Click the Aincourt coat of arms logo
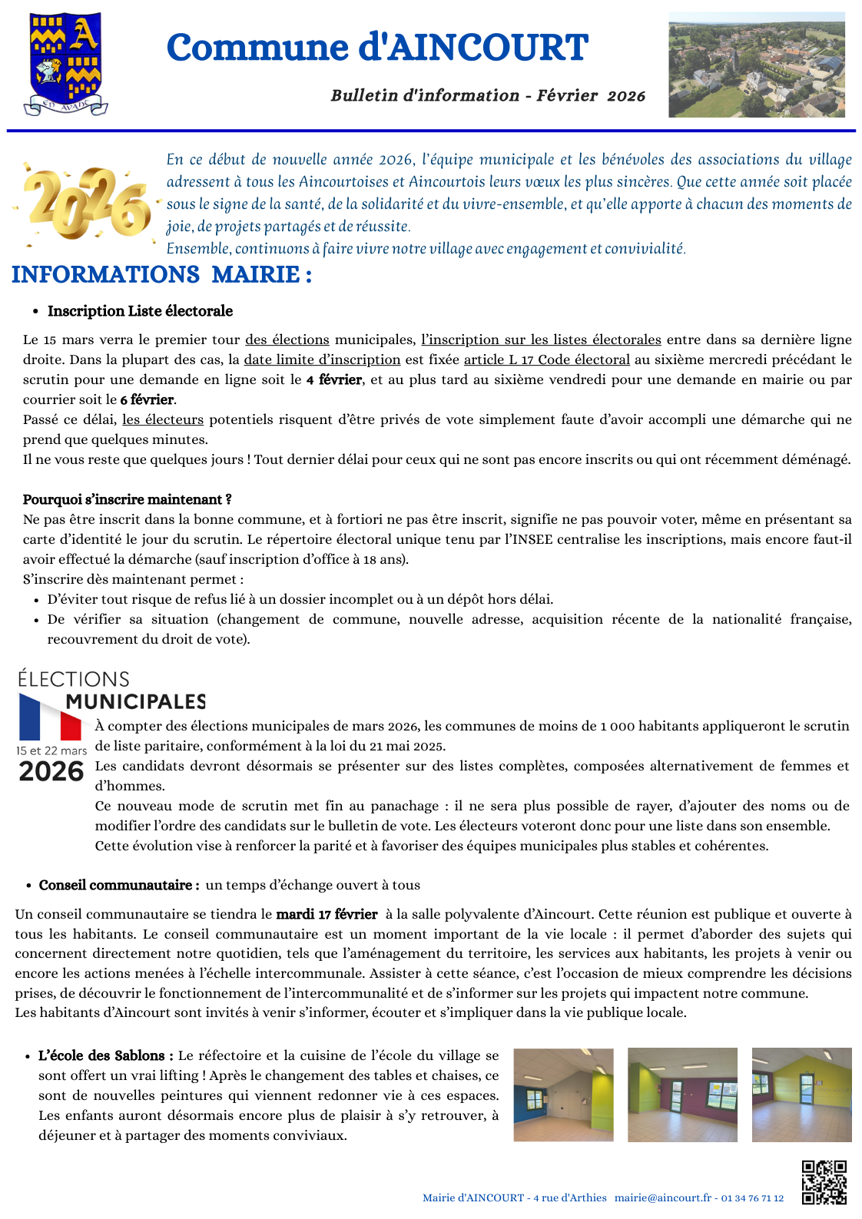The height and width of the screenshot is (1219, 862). point(65,64)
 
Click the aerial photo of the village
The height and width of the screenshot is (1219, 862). point(756,65)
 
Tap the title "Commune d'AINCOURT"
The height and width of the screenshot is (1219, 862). point(377,48)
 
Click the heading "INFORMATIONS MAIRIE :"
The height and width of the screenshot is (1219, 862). point(161,274)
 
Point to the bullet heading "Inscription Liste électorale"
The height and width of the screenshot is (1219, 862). point(140,311)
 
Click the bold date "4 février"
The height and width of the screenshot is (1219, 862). point(334,379)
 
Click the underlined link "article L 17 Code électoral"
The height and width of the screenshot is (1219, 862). point(546,359)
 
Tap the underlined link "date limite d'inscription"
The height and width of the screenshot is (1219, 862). point(322,359)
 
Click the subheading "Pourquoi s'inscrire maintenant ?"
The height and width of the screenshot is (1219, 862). point(127,499)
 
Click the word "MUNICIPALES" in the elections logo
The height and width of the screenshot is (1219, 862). point(136,701)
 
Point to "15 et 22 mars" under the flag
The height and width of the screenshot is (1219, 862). point(51,750)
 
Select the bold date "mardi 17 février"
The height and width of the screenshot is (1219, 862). point(327,914)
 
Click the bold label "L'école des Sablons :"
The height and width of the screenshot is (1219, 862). point(105,1055)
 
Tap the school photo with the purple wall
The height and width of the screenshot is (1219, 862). point(682,1095)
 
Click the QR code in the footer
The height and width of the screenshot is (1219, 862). point(824,1182)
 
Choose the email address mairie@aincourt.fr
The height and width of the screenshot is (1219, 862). point(662,1197)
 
